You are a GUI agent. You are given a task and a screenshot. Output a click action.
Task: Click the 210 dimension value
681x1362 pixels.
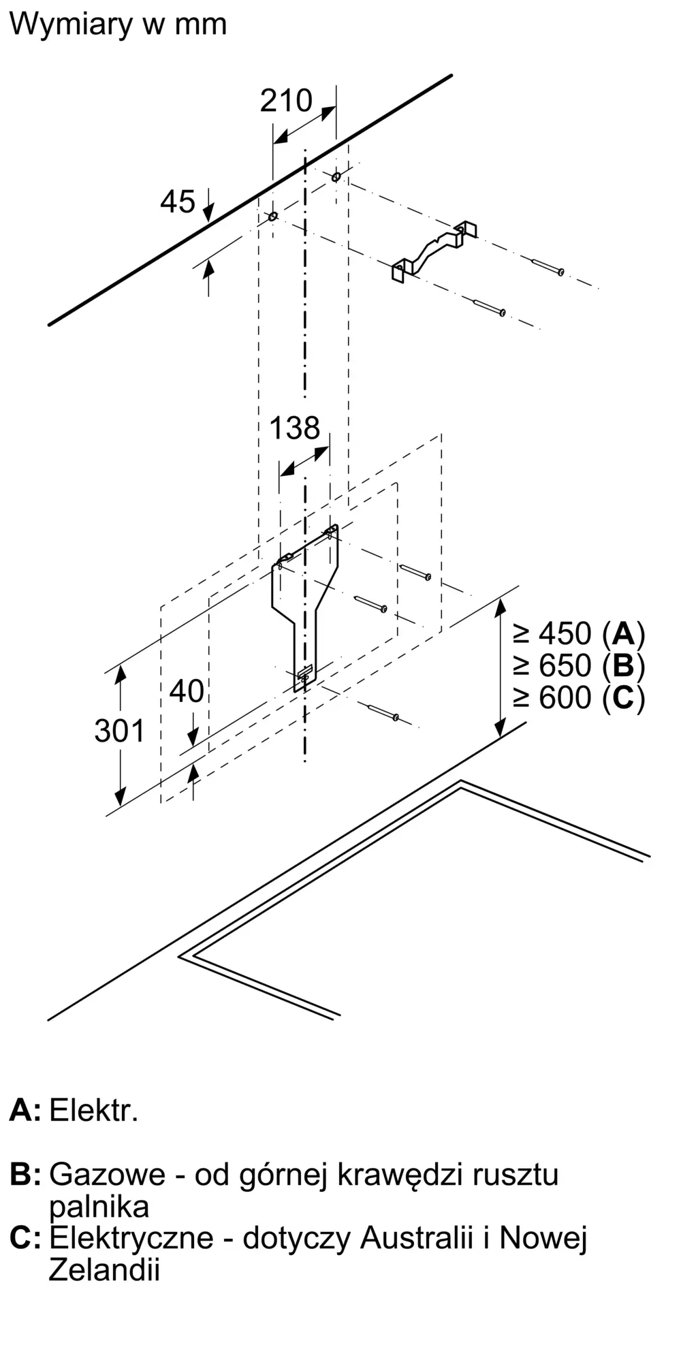286,101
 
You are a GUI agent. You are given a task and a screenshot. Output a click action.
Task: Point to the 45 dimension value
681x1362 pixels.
178,202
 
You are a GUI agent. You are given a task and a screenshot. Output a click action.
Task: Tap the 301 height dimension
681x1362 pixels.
119,731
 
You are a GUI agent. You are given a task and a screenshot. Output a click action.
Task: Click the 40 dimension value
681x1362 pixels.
186,692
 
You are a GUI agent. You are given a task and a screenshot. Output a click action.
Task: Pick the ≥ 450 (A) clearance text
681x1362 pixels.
579,634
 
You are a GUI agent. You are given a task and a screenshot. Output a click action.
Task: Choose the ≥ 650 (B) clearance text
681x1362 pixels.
579,665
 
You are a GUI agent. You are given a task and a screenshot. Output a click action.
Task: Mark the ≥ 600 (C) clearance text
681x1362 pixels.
579,697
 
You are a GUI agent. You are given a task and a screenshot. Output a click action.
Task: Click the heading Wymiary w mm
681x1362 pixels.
118,25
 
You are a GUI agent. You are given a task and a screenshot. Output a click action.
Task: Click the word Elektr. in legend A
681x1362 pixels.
94,1111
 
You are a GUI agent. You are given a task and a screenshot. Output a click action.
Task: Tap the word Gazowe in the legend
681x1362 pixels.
108,1175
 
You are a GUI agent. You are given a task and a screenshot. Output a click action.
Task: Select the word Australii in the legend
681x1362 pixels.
416,1237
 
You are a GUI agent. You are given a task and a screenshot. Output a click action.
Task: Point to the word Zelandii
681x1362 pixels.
104,1270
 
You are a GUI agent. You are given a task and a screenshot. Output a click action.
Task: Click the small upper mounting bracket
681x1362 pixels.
433,250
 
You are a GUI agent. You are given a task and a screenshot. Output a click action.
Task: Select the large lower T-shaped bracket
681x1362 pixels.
305,599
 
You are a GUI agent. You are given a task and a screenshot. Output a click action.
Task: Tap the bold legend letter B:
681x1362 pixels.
25,1175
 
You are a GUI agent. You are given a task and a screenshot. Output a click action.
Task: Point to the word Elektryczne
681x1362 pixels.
131,1237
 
